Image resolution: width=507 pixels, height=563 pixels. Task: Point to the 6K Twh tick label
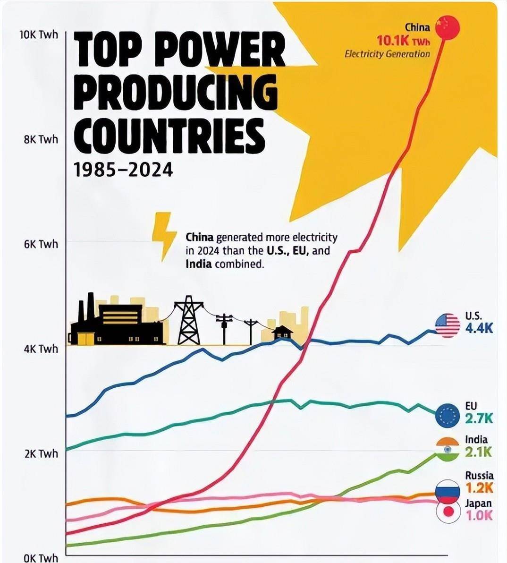41,244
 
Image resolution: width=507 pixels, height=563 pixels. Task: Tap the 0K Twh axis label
41,558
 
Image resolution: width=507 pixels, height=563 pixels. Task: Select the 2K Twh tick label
41,453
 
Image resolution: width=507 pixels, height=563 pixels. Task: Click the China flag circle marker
447,28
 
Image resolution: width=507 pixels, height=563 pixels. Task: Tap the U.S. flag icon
447,325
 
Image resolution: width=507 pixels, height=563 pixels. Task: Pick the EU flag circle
447,416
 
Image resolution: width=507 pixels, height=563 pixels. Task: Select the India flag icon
447,450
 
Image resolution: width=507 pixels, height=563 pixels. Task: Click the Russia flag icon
447,491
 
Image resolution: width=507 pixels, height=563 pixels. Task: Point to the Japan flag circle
448,512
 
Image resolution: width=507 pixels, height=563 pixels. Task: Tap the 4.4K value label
479,328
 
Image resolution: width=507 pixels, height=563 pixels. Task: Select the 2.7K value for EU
479,418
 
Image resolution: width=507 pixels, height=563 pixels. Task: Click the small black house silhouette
282,333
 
